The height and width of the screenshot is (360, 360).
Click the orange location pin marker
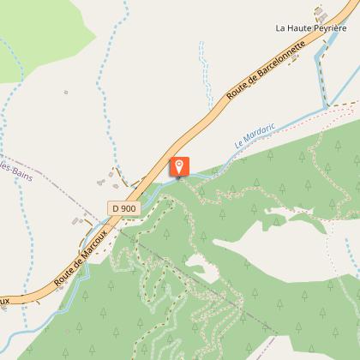(180, 166)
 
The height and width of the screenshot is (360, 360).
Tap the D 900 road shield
(123, 207)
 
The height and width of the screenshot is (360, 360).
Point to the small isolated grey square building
(66, 91)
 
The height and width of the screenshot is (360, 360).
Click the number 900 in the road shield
(129, 207)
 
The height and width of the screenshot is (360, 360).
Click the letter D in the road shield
(115, 207)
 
